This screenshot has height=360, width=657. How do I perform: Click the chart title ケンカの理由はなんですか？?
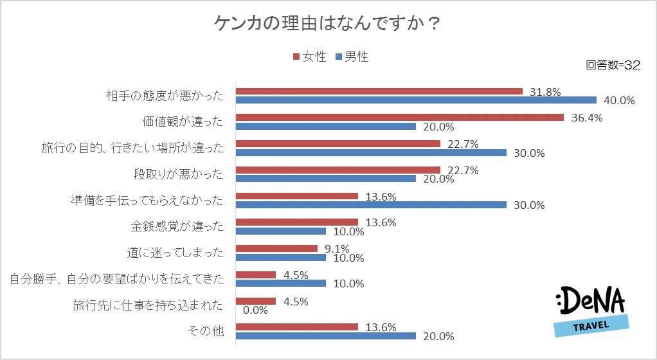point(328,24)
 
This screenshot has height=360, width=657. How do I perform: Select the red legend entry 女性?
point(309,57)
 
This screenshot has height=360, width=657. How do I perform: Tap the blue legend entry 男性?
point(352,57)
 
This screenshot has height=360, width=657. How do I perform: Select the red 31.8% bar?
point(379,91)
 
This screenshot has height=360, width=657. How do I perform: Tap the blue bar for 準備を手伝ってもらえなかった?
point(371,205)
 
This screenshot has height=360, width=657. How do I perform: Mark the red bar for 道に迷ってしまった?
point(277,248)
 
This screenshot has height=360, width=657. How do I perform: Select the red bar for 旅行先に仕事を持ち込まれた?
point(256,301)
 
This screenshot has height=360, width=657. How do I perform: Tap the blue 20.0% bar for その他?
point(326,336)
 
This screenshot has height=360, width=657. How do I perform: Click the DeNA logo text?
point(595,301)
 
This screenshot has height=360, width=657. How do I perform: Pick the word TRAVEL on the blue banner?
point(591,326)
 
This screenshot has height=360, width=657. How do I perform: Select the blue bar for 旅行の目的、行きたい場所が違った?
point(371,152)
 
